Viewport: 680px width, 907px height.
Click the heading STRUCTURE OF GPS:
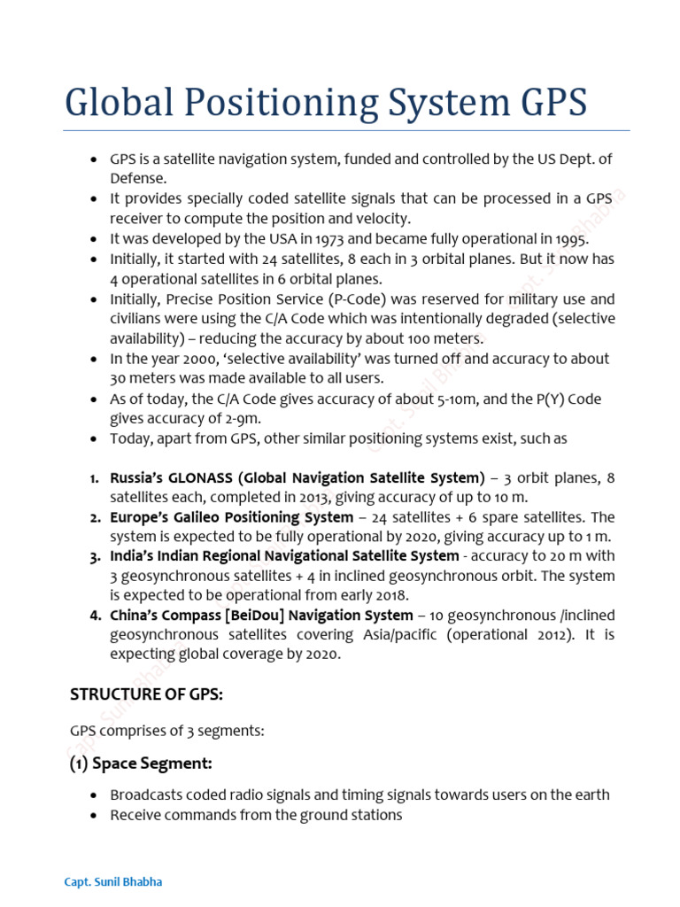point(146,695)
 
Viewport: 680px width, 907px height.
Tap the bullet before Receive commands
point(94,815)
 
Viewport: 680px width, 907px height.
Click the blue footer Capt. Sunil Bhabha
point(113,883)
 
